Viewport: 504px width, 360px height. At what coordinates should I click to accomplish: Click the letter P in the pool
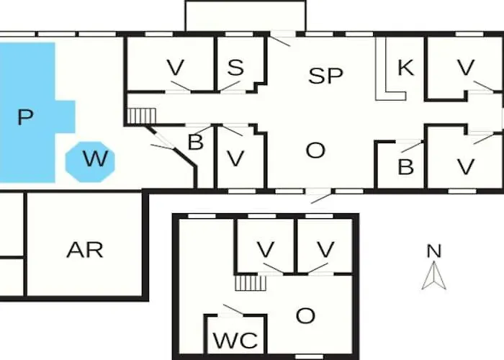[x=26, y=117]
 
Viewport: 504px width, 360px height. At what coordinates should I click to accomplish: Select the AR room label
[x=84, y=250]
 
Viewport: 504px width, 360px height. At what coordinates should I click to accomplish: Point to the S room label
[x=235, y=68]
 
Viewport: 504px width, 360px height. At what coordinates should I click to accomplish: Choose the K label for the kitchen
[x=405, y=68]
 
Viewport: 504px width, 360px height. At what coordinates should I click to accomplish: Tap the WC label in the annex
[x=237, y=341]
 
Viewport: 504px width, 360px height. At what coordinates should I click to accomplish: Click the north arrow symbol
[x=433, y=276]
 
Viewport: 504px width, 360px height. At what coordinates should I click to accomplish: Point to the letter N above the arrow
[x=433, y=251]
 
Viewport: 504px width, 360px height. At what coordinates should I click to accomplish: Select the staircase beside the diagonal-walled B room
[x=142, y=115]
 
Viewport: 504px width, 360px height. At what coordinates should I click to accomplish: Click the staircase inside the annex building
[x=251, y=282]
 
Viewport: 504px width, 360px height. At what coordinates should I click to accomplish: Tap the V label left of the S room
[x=175, y=68]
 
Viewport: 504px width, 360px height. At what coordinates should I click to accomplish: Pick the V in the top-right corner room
[x=466, y=68]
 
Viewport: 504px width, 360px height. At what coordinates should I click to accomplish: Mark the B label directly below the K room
[x=405, y=167]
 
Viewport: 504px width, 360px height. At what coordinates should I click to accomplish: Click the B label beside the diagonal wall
[x=195, y=142]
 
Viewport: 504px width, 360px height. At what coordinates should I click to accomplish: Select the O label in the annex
[x=305, y=315]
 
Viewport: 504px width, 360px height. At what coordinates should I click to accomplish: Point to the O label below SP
[x=315, y=150]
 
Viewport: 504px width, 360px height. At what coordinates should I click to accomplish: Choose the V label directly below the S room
[x=235, y=159]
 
